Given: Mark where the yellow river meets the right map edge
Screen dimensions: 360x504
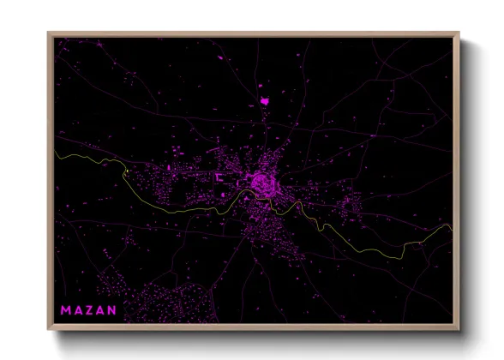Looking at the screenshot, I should coord(450,227).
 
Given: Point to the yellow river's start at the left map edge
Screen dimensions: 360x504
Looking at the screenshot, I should coord(56,152).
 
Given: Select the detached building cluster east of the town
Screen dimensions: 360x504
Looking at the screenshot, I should coord(351,207).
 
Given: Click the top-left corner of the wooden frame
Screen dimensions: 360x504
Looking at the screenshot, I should coord(49,33).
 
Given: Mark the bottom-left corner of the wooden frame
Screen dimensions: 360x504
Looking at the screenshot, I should coord(49,330).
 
